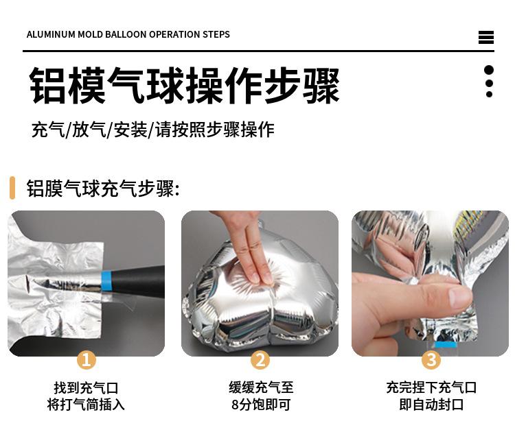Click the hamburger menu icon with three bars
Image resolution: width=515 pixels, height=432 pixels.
486,37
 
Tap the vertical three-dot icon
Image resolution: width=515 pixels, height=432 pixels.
489,82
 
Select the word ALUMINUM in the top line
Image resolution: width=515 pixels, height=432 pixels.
51,34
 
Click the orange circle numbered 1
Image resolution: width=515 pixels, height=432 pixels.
87,360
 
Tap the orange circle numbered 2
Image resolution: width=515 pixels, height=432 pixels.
260,360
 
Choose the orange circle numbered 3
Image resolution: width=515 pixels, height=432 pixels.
431,360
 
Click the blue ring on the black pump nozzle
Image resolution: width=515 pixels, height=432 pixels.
106,280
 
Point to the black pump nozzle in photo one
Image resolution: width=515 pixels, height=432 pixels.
138,281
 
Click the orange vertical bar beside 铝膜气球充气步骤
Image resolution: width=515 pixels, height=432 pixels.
12,188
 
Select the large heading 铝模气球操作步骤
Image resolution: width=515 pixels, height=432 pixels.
184,85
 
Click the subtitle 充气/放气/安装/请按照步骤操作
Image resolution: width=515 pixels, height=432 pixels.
152,129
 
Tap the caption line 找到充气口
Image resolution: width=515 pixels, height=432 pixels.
86,387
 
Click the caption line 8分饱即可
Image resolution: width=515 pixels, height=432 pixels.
261,405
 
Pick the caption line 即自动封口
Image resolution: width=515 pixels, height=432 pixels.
431,405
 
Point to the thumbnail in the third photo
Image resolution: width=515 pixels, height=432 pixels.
459,296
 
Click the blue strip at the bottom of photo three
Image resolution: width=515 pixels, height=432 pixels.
446,344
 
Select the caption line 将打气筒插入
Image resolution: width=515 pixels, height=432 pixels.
86,405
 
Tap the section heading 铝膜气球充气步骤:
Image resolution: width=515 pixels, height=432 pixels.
103,189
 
